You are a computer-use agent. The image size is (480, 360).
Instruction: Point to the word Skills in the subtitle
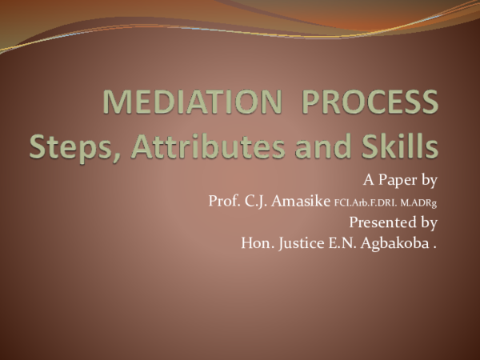click(396, 147)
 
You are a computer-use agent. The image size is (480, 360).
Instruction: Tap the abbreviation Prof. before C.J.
click(225, 200)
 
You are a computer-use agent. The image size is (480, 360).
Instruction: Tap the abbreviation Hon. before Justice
click(256, 242)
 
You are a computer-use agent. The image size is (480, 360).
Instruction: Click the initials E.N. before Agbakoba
click(346, 242)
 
